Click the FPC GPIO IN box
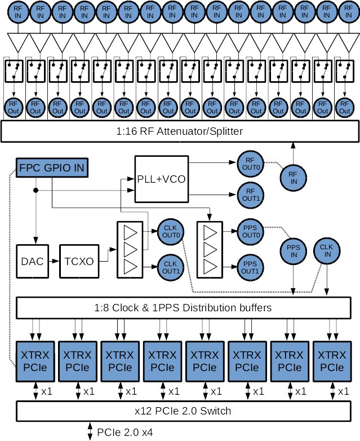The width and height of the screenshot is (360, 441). (54, 167)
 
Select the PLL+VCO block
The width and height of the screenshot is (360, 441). (161, 179)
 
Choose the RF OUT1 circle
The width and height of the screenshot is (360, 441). (250, 195)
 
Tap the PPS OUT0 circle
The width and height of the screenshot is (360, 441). (250, 232)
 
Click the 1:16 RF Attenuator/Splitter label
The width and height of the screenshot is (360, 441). (180, 132)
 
